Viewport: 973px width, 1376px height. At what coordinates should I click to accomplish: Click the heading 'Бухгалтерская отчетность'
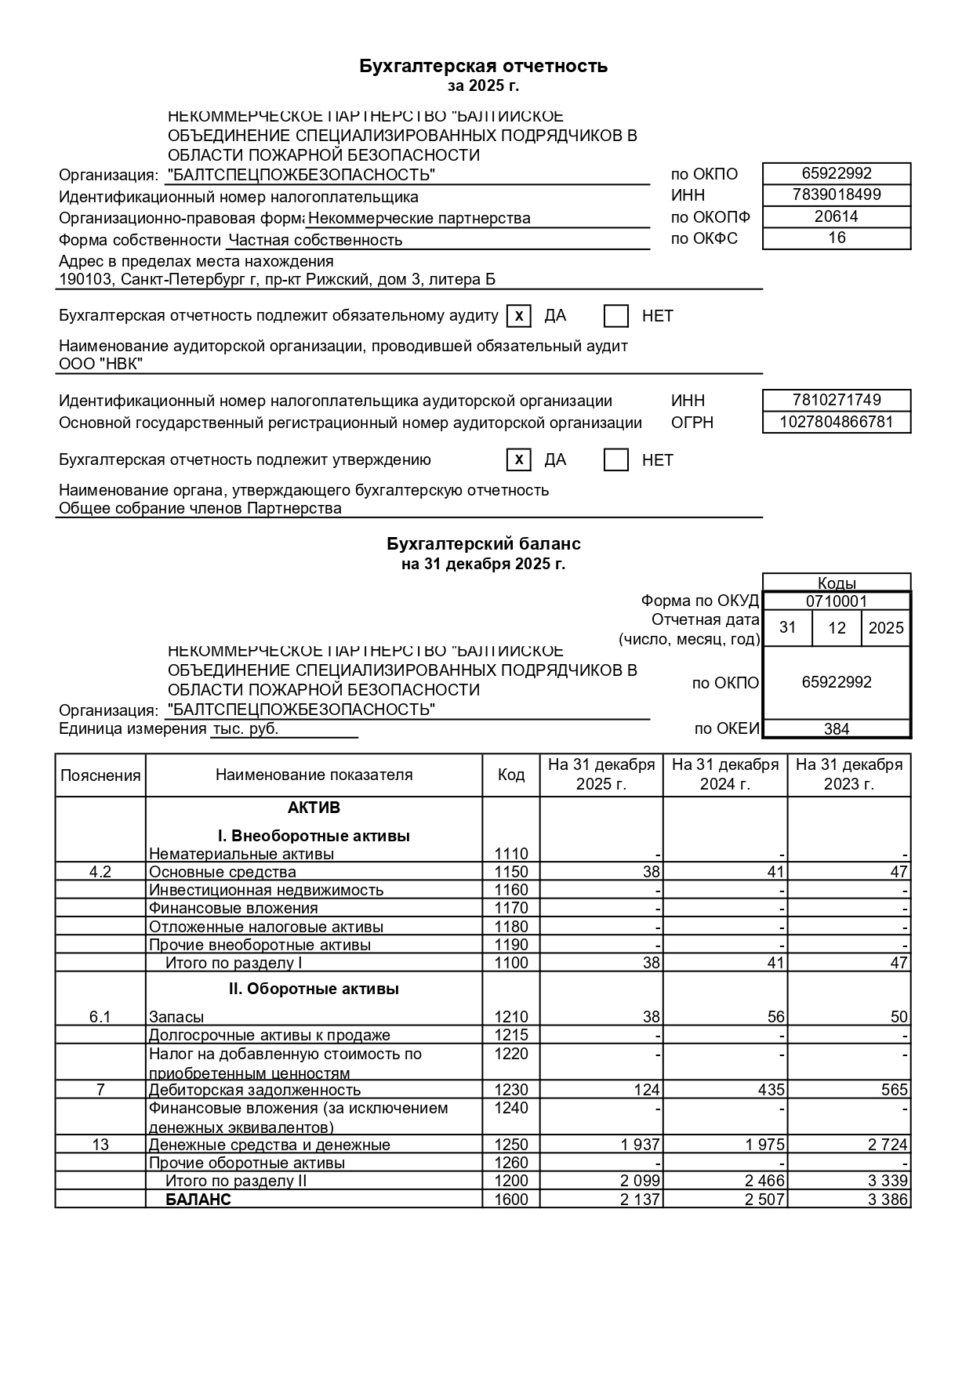pos(483,66)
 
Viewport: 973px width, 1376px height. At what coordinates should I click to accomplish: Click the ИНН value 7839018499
pos(837,194)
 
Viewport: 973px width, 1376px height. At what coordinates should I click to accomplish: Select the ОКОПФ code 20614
pos(837,216)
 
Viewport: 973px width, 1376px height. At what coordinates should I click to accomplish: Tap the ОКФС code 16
pos(837,238)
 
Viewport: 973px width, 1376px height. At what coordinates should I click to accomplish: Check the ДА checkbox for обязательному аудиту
pos(519,316)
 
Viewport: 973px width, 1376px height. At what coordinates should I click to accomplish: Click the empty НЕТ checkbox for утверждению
pos(616,460)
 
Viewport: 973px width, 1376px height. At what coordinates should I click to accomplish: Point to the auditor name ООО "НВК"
pos(101,364)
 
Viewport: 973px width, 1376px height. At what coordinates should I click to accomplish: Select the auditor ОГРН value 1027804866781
pos(837,422)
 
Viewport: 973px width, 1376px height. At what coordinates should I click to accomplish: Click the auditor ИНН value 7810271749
pos(837,400)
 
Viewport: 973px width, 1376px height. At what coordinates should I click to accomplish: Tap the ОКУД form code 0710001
pos(837,601)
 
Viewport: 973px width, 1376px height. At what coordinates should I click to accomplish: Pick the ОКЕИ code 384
pos(837,729)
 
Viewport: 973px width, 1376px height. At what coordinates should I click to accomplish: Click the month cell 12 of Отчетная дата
pos(837,628)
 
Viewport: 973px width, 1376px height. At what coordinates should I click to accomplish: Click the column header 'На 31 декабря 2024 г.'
pos(725,775)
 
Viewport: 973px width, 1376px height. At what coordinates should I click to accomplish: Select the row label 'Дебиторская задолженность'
pos(255,1090)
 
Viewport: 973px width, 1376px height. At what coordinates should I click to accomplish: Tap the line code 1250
pos(511,1145)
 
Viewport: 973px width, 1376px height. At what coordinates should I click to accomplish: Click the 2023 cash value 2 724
pos(888,1145)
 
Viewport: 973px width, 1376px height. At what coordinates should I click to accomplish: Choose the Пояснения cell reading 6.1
pos(100,1017)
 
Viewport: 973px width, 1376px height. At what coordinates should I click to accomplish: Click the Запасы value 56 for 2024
pos(775,1017)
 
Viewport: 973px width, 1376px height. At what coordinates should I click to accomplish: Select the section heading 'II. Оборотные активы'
pos(314,989)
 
